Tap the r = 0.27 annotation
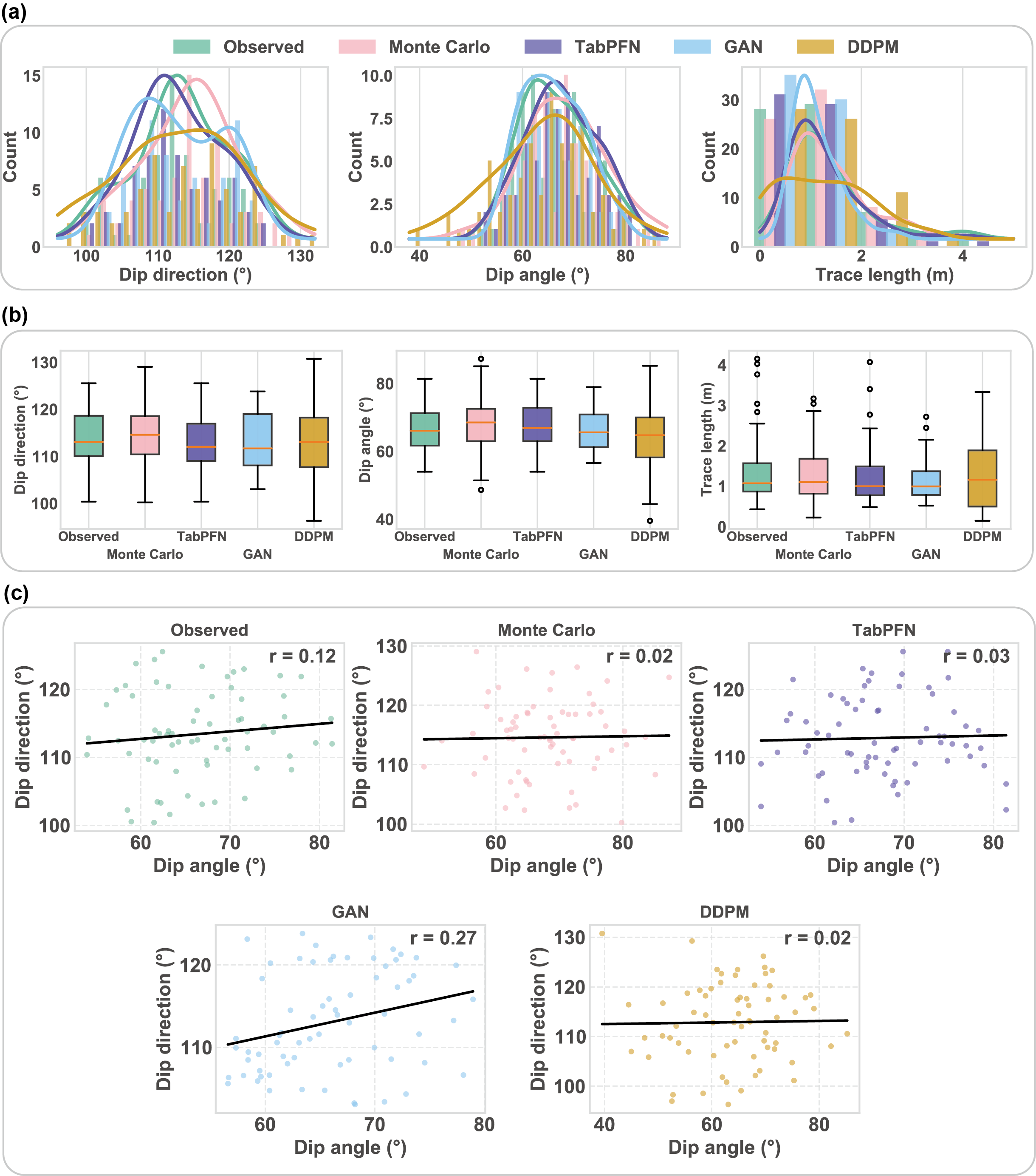tap(443, 938)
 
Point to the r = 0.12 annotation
tap(302, 656)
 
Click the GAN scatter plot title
tap(350, 912)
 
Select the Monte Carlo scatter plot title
tap(546, 630)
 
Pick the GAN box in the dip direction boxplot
tap(257, 439)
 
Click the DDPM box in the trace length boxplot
tap(982, 478)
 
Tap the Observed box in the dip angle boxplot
tap(425, 429)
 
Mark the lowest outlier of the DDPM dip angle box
tap(649, 521)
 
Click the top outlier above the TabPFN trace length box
tap(870, 362)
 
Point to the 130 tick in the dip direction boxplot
tap(45, 363)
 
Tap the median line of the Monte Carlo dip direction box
tap(145, 435)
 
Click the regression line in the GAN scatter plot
tap(351, 1017)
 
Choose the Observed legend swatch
tap(192, 47)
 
